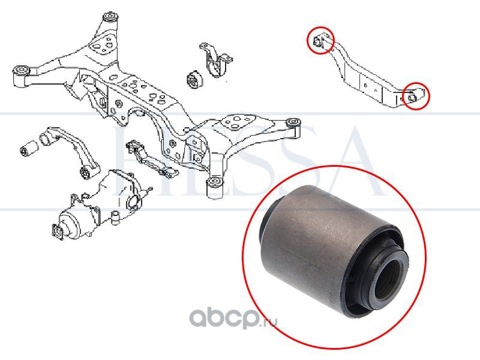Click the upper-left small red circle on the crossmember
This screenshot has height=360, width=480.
click(x=320, y=41)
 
